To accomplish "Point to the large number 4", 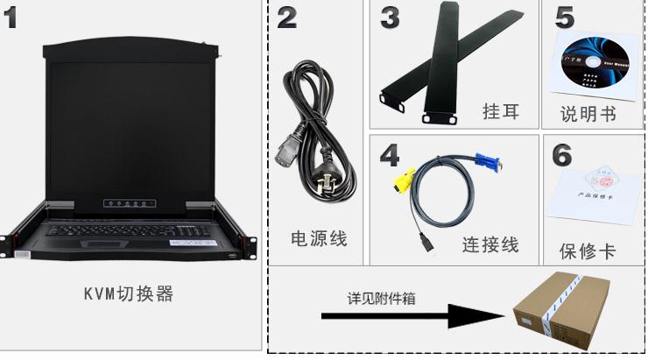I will tap(390, 154).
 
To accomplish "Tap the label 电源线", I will tap(319, 238).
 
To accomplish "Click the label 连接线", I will tap(490, 245).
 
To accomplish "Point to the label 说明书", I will tap(588, 114).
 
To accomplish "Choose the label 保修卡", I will tap(587, 251).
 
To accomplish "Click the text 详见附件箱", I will tap(380, 298).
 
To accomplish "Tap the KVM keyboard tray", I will tap(131, 236).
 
